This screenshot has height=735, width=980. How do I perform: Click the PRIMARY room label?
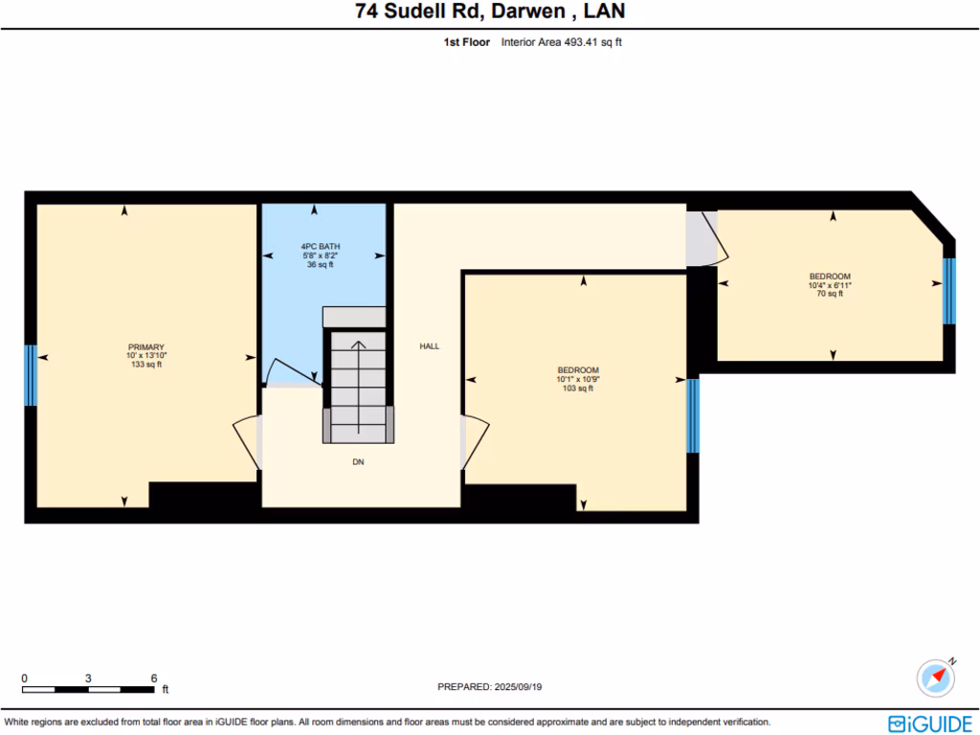(x=146, y=347)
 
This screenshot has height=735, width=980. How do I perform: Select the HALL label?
(x=430, y=346)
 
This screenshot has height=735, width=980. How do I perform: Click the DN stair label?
(x=358, y=462)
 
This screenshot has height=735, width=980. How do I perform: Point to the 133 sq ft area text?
(x=146, y=365)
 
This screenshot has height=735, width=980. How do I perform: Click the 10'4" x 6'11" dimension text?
(x=829, y=285)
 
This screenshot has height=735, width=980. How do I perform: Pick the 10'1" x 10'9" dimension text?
(x=578, y=379)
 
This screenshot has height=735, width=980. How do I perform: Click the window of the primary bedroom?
(x=30, y=375)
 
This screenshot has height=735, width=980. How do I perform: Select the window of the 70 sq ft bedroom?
(x=948, y=291)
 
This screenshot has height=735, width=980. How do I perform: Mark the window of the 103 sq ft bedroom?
(x=693, y=415)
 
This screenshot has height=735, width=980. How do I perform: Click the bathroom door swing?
(x=287, y=372)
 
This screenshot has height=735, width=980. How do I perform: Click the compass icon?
(x=935, y=678)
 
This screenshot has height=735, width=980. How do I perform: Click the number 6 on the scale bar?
(x=154, y=678)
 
